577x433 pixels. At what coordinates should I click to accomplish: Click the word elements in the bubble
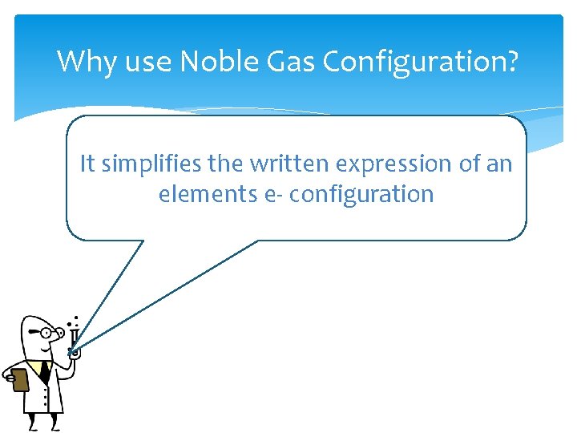point(208,194)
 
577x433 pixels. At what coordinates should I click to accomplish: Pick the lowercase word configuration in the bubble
point(361,195)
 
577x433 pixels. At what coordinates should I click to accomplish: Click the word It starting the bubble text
point(87,164)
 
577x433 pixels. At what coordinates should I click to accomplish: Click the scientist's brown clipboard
point(19,378)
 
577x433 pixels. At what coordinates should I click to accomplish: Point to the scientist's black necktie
point(44,371)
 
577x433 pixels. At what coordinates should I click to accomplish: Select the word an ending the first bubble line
point(498,164)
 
